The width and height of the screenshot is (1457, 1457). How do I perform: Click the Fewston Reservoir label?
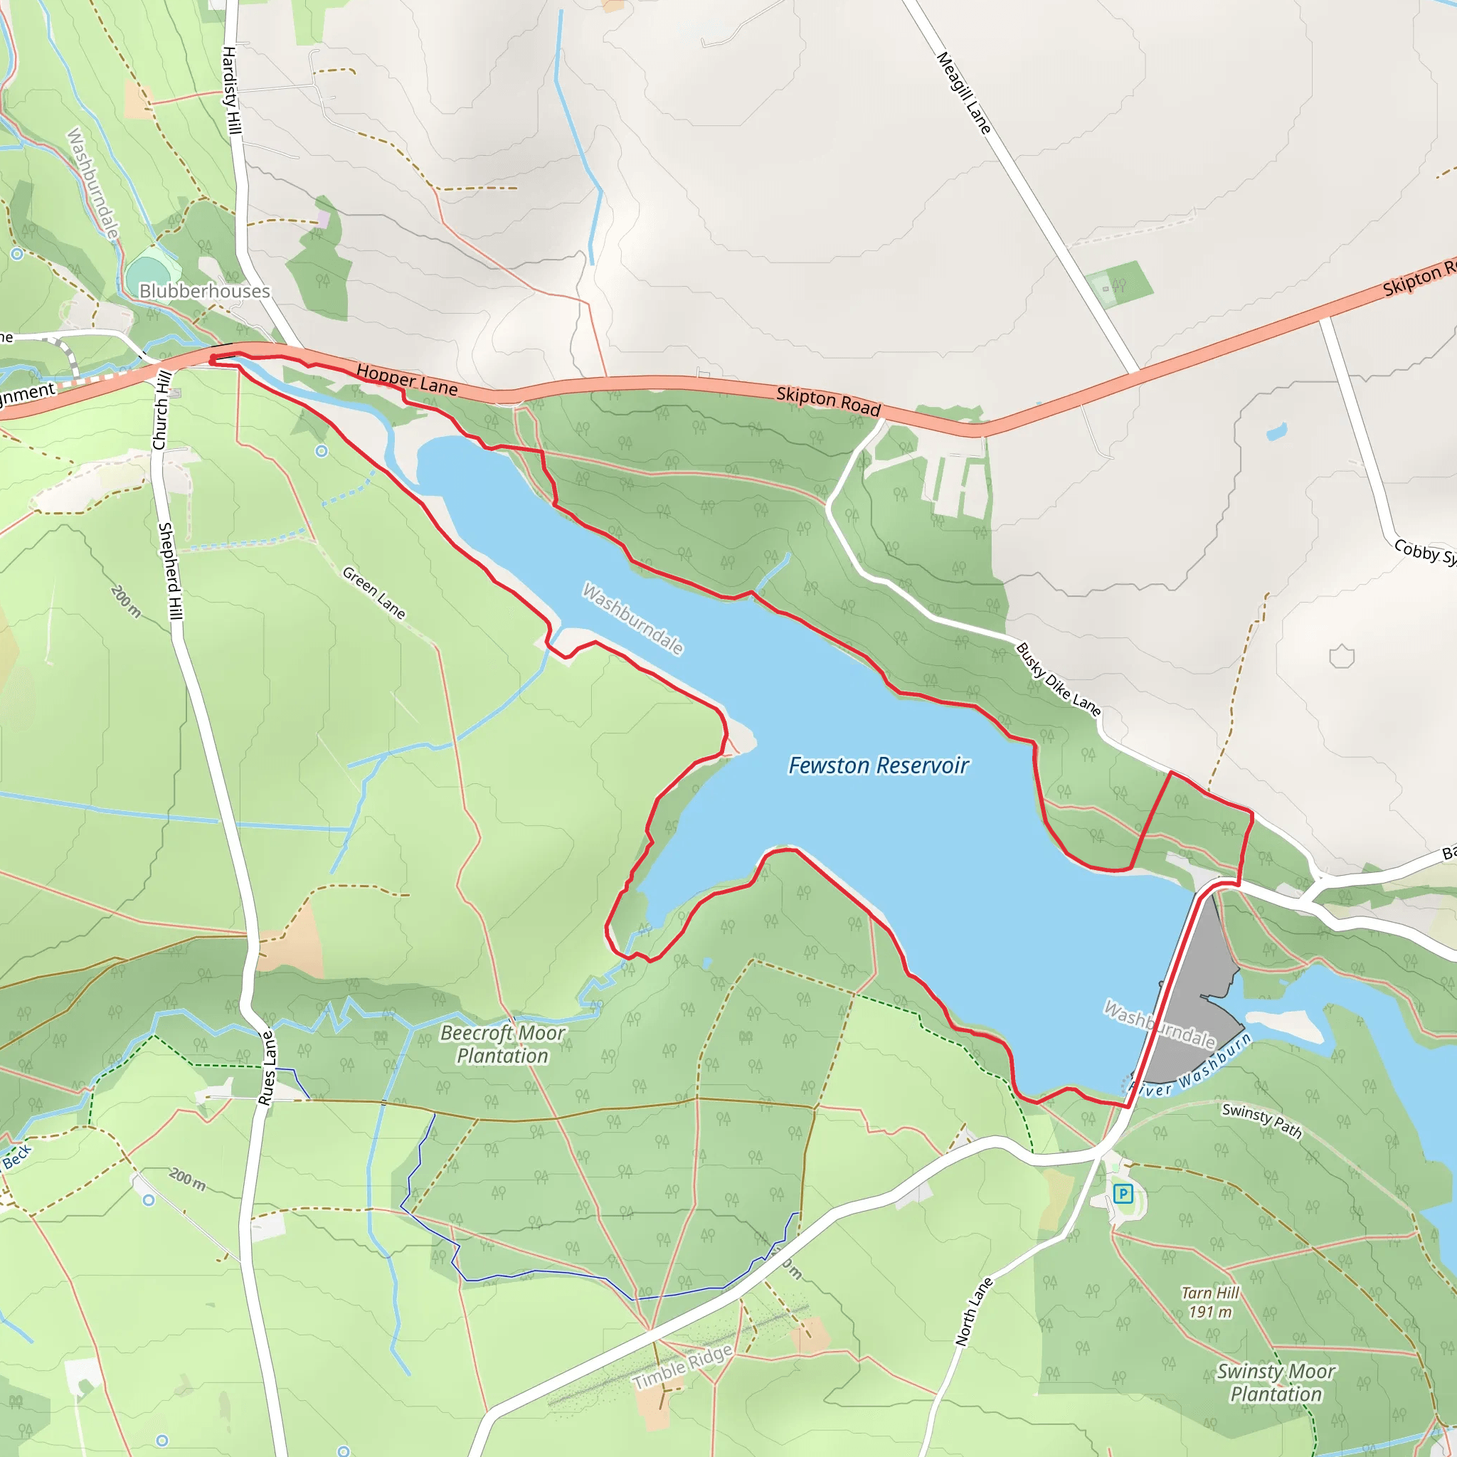pos(878,765)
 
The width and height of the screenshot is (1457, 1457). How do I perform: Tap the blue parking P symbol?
pos(1123,1193)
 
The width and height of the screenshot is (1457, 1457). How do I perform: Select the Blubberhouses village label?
pos(204,291)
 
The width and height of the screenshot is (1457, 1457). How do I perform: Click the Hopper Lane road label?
pos(406,380)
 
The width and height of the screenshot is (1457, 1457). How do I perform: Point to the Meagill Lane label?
pos(964,92)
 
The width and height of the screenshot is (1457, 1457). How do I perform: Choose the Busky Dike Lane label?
pos(1058,679)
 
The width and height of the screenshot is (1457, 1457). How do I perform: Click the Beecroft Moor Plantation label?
pos(502,1044)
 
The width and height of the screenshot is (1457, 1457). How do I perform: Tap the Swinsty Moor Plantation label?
pos(1276,1382)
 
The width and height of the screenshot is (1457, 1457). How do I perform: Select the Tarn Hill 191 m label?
pos(1209,1303)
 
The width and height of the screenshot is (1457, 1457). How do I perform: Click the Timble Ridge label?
pos(682,1367)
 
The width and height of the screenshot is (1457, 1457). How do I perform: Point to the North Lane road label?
pos(974,1312)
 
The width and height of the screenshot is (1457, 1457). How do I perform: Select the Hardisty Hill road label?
pos(231,90)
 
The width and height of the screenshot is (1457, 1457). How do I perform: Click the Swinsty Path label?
pos(1261,1120)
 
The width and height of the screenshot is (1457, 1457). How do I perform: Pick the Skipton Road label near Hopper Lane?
pos(828,401)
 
